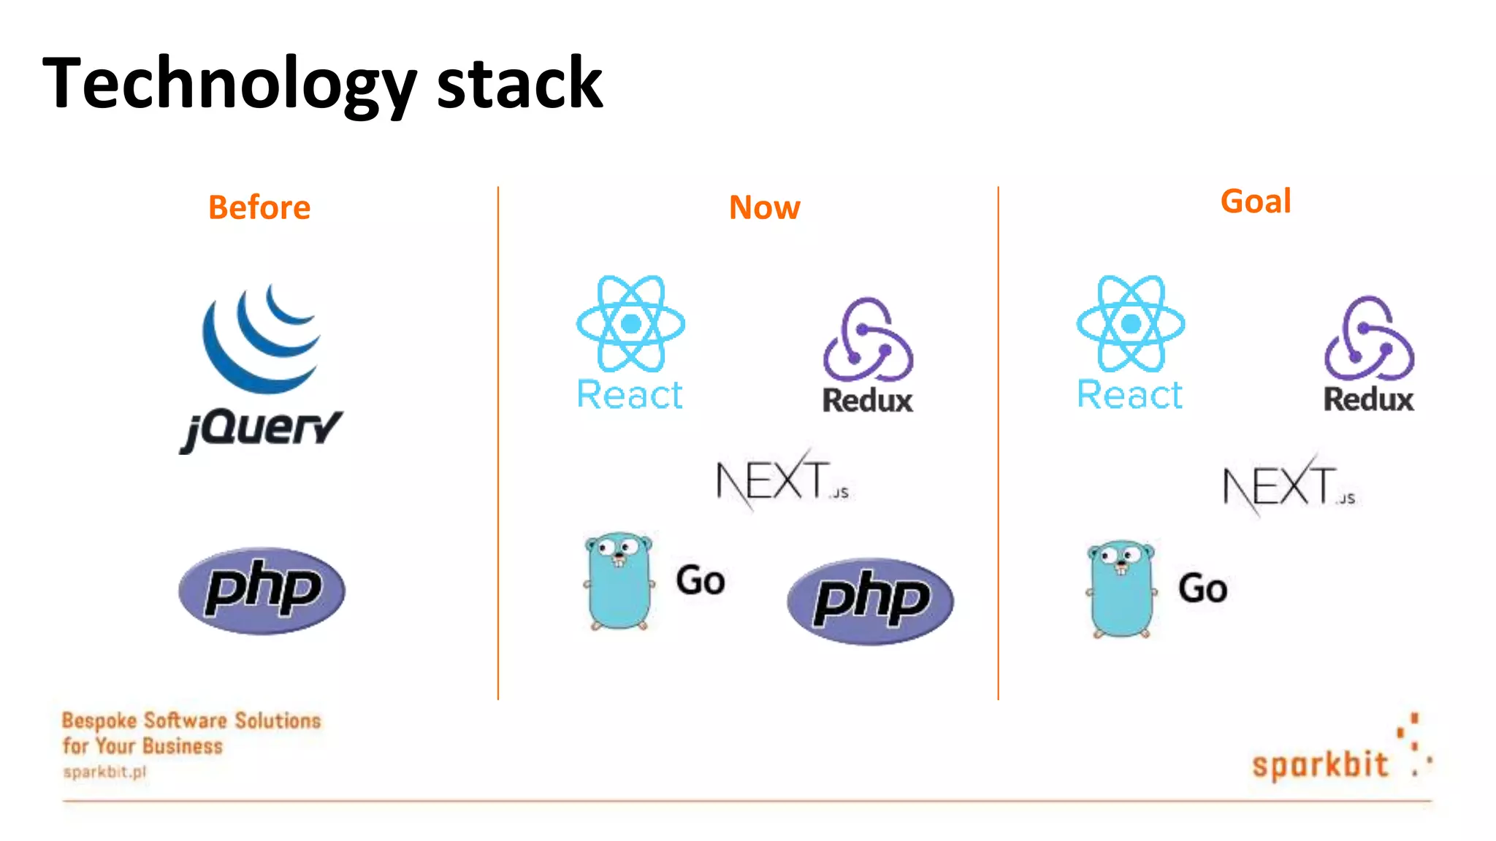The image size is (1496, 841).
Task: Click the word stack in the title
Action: pyautogui.click(x=519, y=84)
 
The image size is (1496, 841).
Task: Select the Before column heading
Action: pyautogui.click(x=259, y=207)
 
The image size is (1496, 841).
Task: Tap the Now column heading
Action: pyautogui.click(x=764, y=207)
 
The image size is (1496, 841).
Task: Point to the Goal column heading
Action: pyautogui.click(x=1256, y=201)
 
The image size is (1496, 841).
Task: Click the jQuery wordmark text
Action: pyautogui.click(x=262, y=429)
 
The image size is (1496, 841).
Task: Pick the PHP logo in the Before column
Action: pyautogui.click(x=262, y=590)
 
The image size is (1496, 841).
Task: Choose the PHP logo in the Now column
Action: pyautogui.click(x=870, y=601)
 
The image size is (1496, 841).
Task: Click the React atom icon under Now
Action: pyautogui.click(x=630, y=323)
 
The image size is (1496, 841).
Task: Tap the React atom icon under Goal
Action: pyautogui.click(x=1130, y=323)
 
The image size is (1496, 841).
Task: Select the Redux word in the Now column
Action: pyautogui.click(x=868, y=401)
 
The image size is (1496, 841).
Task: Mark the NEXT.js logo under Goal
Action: pyautogui.click(x=1289, y=485)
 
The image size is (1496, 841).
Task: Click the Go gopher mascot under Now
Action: pyautogui.click(x=618, y=580)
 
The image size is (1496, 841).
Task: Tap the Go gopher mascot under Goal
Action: pyautogui.click(x=1121, y=588)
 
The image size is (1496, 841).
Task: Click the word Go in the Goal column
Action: pyautogui.click(x=1202, y=588)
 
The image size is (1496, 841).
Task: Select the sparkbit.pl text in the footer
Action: pyautogui.click(x=104, y=772)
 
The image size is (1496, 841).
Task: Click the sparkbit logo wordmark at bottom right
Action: pyautogui.click(x=1319, y=764)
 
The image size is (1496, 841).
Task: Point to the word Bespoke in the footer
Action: pyautogui.click(x=99, y=721)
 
